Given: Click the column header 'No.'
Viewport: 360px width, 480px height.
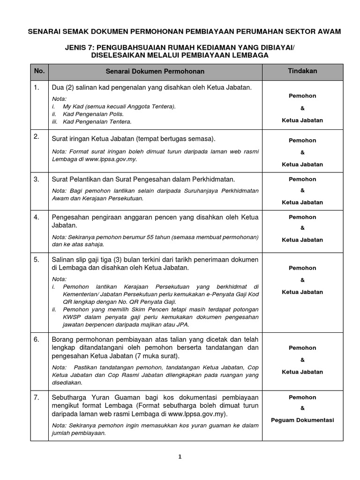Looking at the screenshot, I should [x=39, y=71].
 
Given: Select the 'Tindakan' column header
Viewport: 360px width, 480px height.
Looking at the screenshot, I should [x=302, y=71].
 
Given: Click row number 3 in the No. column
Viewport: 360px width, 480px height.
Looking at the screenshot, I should [x=37, y=179].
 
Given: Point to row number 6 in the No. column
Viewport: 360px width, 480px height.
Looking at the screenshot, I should [x=37, y=339].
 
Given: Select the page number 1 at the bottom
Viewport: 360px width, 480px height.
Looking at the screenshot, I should [x=180, y=458].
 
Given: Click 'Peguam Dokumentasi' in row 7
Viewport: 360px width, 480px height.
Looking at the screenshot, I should [x=302, y=420].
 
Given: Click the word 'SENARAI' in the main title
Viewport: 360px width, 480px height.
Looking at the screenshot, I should [x=45, y=31].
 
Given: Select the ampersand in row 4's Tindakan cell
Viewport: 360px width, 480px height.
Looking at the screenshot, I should [x=302, y=228].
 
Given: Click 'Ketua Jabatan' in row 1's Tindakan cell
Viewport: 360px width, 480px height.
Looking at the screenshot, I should [x=302, y=120].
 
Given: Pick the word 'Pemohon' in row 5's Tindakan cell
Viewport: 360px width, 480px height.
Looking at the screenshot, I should [x=302, y=268].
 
